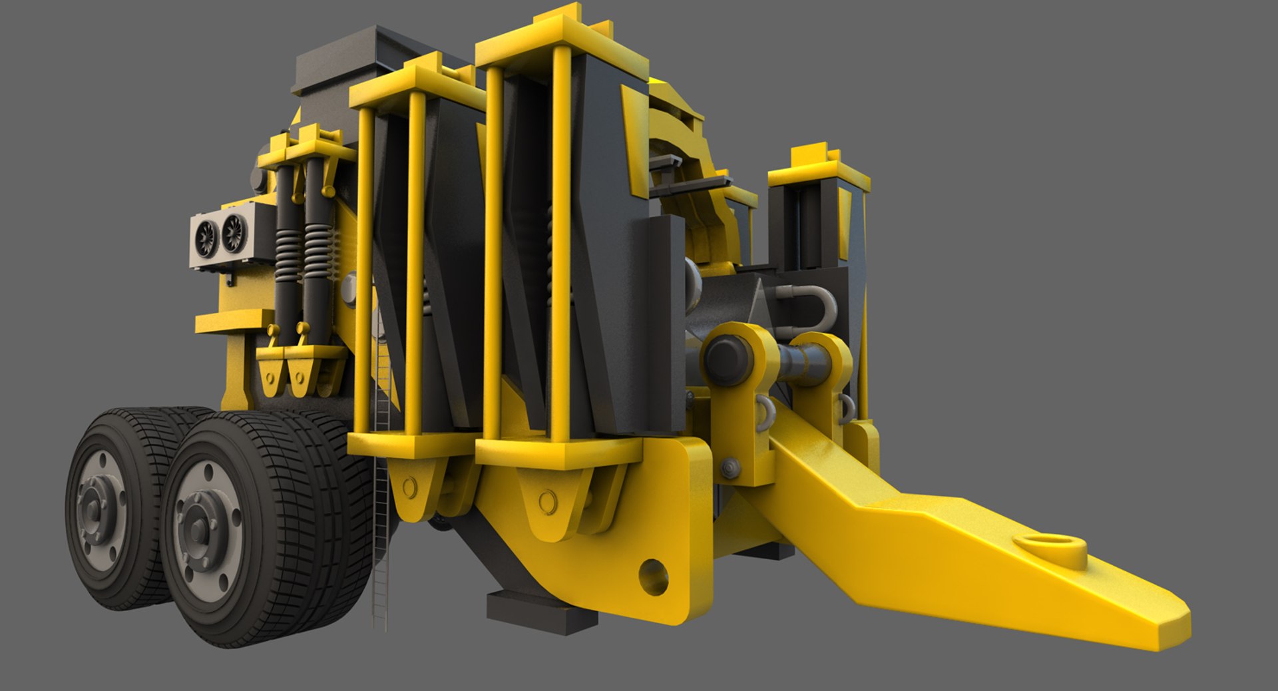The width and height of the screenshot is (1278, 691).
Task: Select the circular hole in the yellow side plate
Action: point(653,575)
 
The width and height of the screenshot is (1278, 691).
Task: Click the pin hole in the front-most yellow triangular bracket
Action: point(547,499)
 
